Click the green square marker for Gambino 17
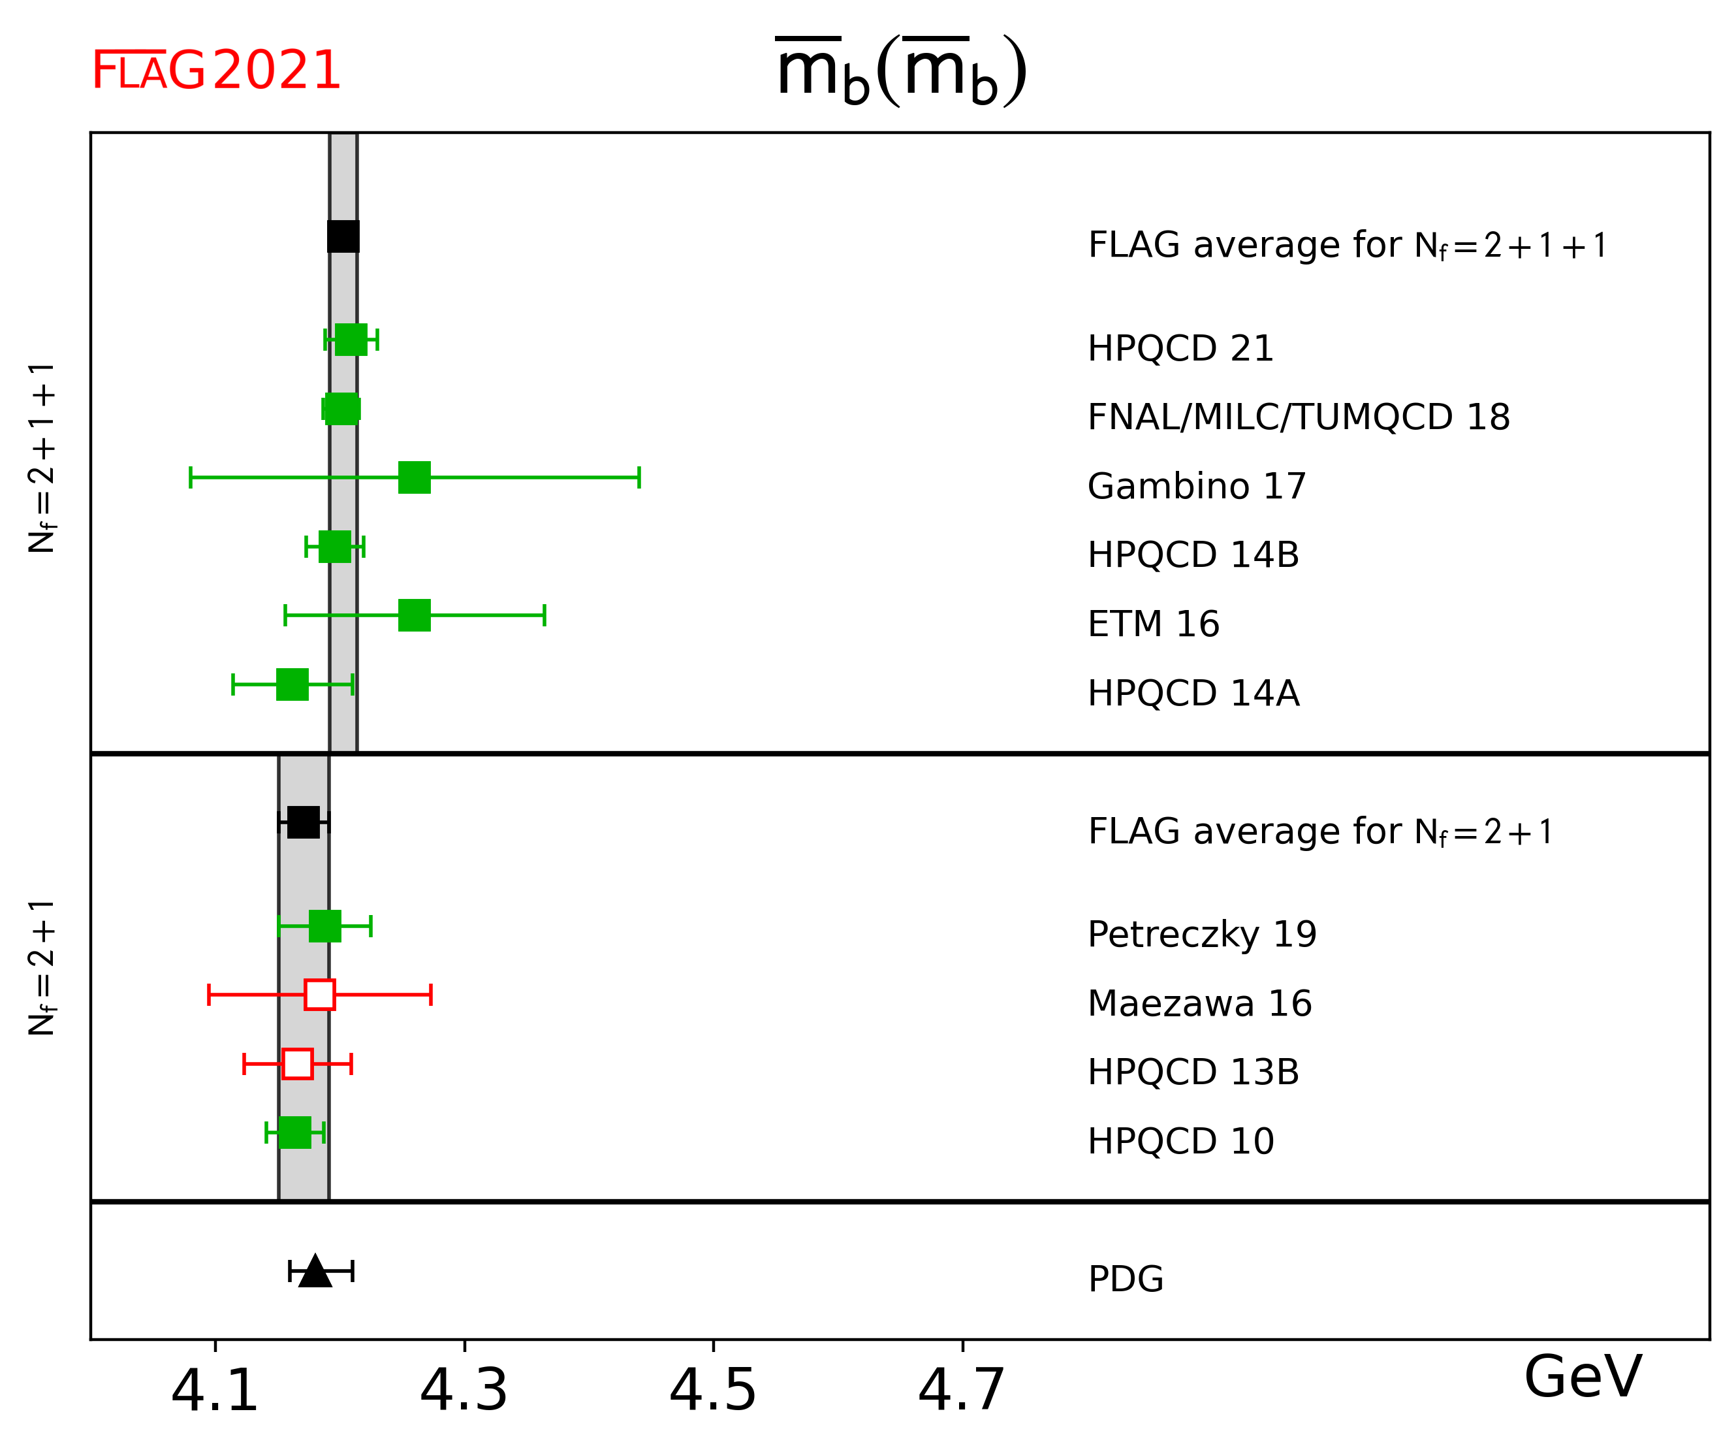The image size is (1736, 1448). [414, 477]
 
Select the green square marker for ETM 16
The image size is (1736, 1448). [414, 615]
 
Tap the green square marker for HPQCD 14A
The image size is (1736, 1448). [292, 684]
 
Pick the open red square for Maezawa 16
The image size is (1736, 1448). [320, 995]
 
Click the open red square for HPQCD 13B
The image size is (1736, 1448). [298, 1063]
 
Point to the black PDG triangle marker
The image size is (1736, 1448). [315, 1272]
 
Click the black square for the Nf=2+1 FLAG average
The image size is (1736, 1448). [304, 822]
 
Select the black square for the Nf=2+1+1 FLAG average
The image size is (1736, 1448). [343, 236]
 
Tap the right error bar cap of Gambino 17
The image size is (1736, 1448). [639, 477]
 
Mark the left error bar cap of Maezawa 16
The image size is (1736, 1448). [209, 995]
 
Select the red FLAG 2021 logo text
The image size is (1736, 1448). [215, 71]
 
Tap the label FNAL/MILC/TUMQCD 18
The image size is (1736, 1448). [1299, 417]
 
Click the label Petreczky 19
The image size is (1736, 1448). [1202, 935]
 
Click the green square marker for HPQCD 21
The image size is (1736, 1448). [351, 339]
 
